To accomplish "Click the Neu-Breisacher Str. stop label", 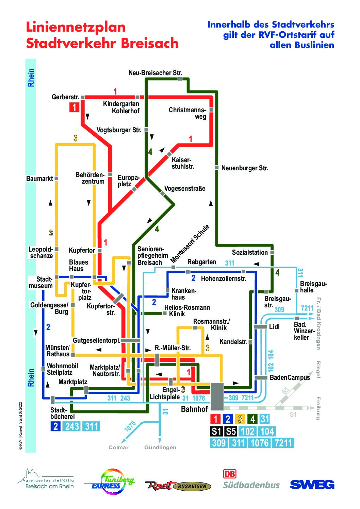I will (x=155, y=73).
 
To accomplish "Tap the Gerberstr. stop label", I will (x=65, y=97).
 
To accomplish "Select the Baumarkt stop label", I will (x=39, y=179).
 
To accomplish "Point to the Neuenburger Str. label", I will (x=245, y=168).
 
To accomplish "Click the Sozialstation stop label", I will (x=250, y=252).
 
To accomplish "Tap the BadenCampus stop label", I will (x=290, y=377).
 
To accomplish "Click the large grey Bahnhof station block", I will (x=217, y=396).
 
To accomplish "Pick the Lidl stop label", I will (x=274, y=327).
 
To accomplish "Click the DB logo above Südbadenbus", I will (x=230, y=474).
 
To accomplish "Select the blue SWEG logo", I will (x=312, y=485).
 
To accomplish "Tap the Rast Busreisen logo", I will (x=178, y=486).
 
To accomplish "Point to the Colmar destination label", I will (x=118, y=447).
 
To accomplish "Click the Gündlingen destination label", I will (x=160, y=447).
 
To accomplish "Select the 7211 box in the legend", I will (x=283, y=443).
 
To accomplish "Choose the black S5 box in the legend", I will (x=231, y=431).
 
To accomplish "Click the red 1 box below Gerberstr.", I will (x=74, y=107).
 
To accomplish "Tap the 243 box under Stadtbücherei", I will (x=72, y=426).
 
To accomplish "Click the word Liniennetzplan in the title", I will (x=76, y=27).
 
